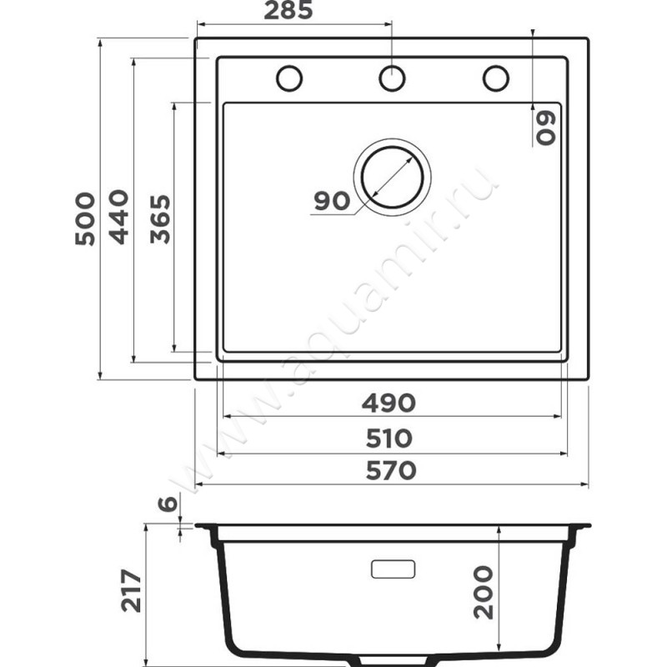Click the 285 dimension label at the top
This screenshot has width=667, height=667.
(x=288, y=10)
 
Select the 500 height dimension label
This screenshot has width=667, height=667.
(x=85, y=218)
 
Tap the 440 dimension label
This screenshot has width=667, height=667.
(x=118, y=217)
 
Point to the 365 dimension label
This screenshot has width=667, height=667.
(x=160, y=219)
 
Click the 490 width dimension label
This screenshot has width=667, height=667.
(x=389, y=403)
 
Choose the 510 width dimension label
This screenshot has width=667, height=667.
(x=389, y=439)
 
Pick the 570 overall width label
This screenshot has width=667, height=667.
(x=391, y=471)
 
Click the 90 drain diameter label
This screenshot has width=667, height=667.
(x=332, y=201)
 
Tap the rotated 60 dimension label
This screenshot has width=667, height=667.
(x=546, y=128)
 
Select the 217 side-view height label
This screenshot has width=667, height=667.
(x=131, y=591)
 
